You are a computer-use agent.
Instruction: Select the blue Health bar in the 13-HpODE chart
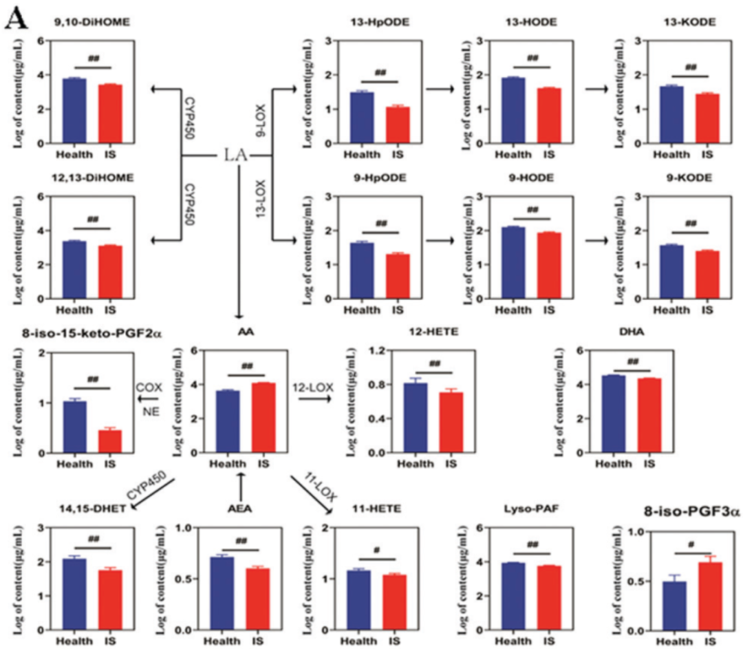(362, 117)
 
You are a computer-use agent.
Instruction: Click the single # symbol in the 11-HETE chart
(376, 550)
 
